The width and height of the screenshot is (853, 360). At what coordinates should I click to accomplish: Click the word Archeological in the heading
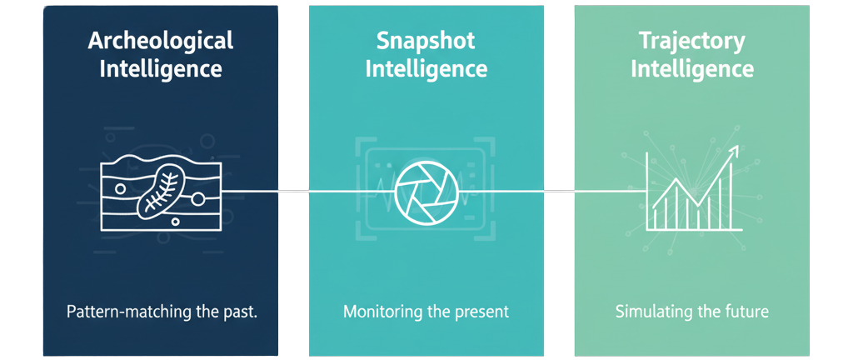pyautogui.click(x=161, y=40)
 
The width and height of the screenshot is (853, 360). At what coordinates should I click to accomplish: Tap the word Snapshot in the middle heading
pyautogui.click(x=426, y=40)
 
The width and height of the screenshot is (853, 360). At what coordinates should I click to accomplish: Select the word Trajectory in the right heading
pyautogui.click(x=691, y=40)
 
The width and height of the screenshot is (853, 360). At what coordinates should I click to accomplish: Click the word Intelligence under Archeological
pyautogui.click(x=161, y=68)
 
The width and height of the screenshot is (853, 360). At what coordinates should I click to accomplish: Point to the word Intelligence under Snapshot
pyautogui.click(x=426, y=68)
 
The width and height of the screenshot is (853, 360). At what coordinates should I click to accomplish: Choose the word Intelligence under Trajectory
pyautogui.click(x=691, y=68)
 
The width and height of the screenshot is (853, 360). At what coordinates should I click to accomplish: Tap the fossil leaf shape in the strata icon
pyautogui.click(x=161, y=189)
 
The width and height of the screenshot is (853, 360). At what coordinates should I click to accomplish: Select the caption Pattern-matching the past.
pyautogui.click(x=161, y=313)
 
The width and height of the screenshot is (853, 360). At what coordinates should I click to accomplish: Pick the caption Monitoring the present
pyautogui.click(x=426, y=313)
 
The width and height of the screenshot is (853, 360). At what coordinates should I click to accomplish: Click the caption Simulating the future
pyautogui.click(x=691, y=313)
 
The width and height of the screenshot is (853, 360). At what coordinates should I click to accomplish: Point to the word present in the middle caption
pyautogui.click(x=482, y=314)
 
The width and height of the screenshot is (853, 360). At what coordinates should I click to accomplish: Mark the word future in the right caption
pyautogui.click(x=746, y=314)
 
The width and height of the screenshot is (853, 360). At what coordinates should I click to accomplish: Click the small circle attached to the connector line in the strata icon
pyautogui.click(x=199, y=197)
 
